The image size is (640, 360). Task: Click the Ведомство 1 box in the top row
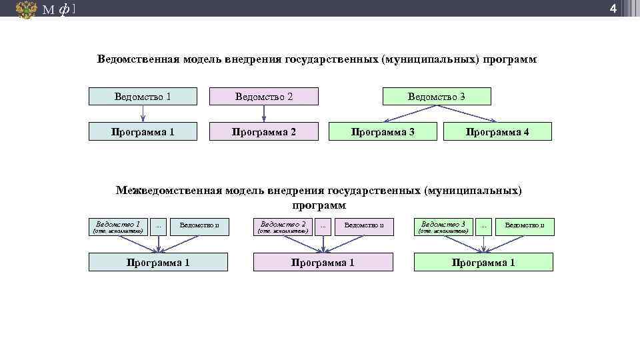pyautogui.click(x=143, y=97)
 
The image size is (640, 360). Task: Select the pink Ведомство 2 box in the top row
pyautogui.click(x=263, y=97)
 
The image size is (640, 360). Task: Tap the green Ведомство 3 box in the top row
pyautogui.click(x=437, y=97)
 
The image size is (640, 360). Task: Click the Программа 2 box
pyautogui.click(x=263, y=131)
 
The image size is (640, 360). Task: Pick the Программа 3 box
pyautogui.click(x=383, y=131)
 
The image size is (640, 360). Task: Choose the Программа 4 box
pyautogui.click(x=497, y=131)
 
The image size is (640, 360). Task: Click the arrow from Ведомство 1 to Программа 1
pyautogui.click(x=143, y=113)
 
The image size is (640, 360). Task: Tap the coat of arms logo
pyautogui.click(x=26, y=9)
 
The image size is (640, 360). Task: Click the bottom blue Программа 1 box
pyautogui.click(x=158, y=262)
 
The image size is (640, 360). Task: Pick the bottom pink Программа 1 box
pyautogui.click(x=323, y=262)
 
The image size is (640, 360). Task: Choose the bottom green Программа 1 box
pyautogui.click(x=483, y=262)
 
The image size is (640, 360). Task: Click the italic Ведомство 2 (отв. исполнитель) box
pyautogui.click(x=283, y=227)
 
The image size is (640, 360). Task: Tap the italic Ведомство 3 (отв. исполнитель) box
pyautogui.click(x=443, y=227)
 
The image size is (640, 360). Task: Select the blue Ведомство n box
pyautogui.click(x=199, y=227)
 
